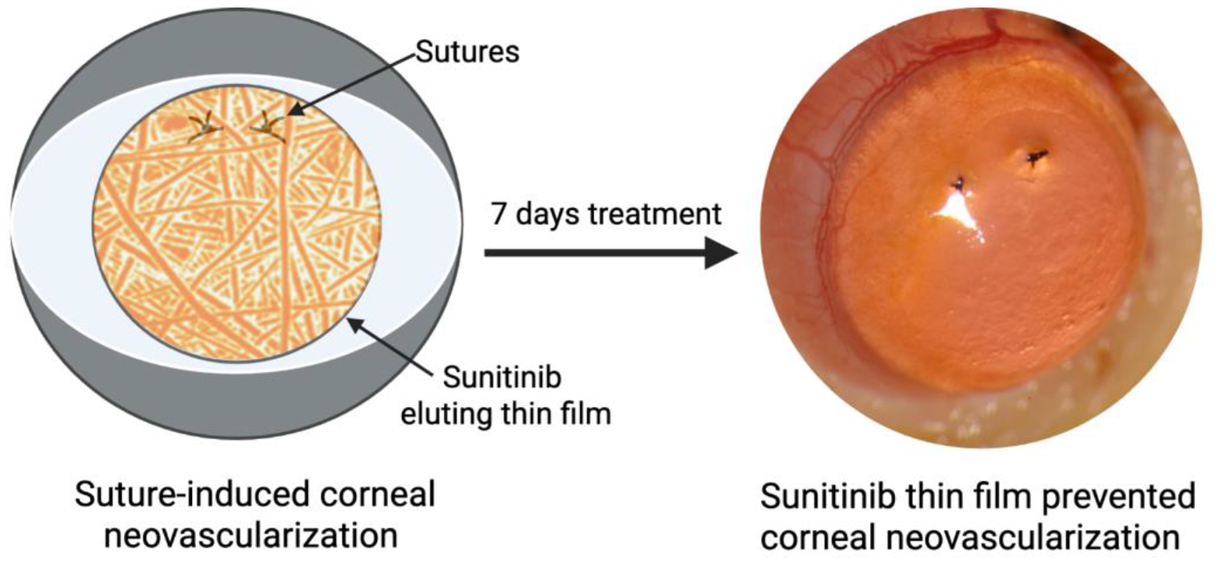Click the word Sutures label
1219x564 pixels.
(x=467, y=53)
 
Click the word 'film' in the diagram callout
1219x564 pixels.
(x=583, y=416)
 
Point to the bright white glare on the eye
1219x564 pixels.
(x=958, y=211)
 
